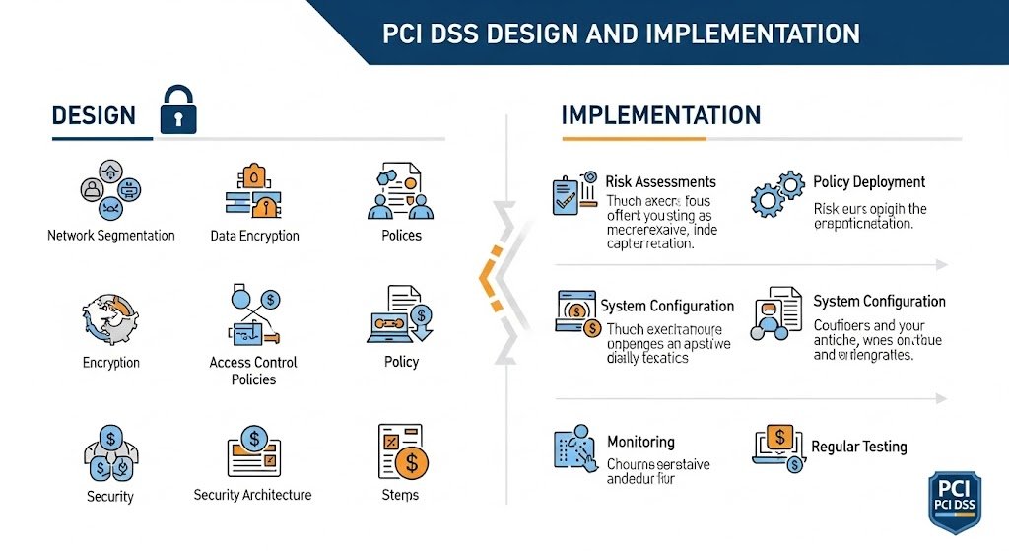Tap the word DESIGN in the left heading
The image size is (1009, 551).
(x=94, y=115)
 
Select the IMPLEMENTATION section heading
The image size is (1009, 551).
(x=660, y=114)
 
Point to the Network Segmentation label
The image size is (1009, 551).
(x=111, y=236)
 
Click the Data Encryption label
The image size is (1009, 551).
(x=254, y=237)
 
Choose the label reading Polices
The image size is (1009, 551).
(x=401, y=236)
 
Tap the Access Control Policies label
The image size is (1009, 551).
(x=253, y=371)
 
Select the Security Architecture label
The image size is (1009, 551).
(x=252, y=495)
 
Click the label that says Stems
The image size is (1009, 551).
(x=400, y=495)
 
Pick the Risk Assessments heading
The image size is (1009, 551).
(x=660, y=182)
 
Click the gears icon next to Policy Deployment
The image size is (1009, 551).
(x=776, y=192)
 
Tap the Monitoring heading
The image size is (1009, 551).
(x=640, y=442)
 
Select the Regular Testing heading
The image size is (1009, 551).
(x=858, y=447)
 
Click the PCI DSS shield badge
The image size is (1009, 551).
(x=955, y=506)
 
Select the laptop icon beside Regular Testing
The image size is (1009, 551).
(x=778, y=448)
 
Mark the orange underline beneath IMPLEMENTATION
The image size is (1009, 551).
(x=633, y=139)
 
